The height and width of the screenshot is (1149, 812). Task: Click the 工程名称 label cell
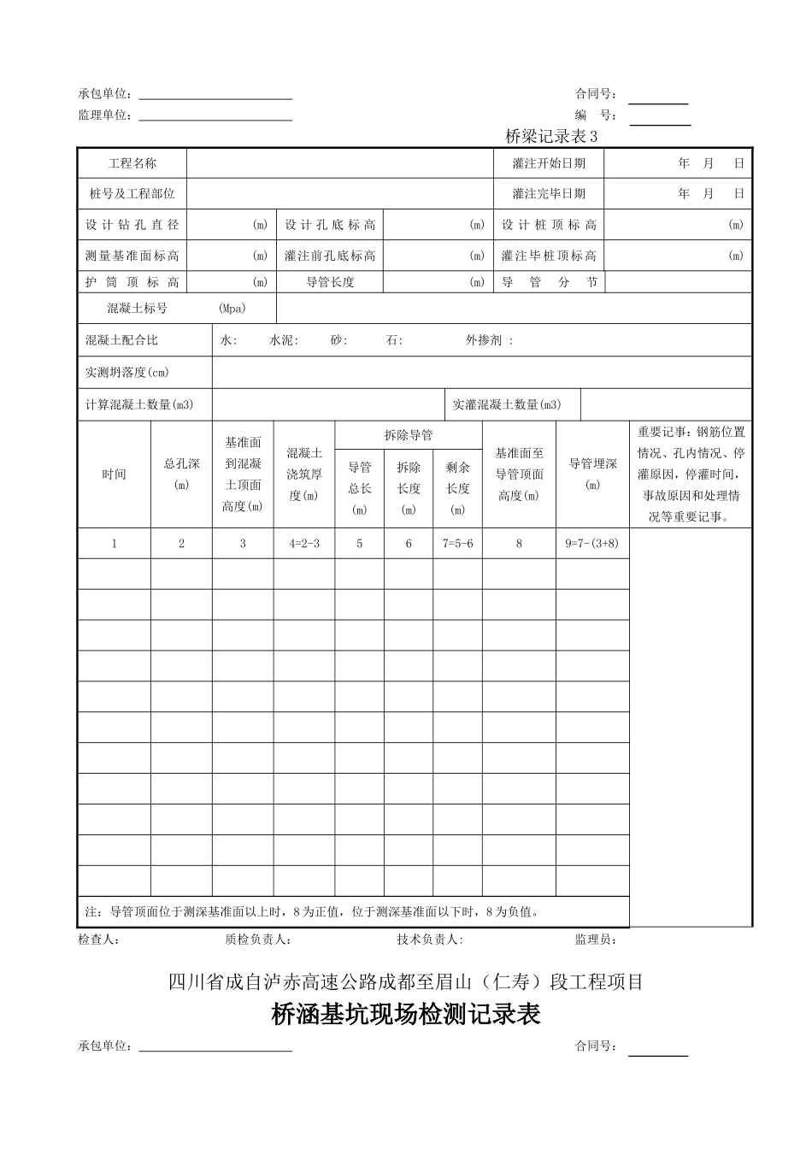pyautogui.click(x=132, y=163)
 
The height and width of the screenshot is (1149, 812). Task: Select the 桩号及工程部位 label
pyautogui.click(x=132, y=194)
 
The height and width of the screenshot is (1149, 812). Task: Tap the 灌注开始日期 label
pyautogui.click(x=549, y=163)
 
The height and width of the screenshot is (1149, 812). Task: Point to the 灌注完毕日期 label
pyautogui.click(x=549, y=194)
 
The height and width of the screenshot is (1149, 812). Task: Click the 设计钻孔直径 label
pyautogui.click(x=132, y=225)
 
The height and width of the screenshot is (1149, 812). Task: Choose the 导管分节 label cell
pyautogui.click(x=549, y=282)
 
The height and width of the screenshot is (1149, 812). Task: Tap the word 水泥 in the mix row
pyautogui.click(x=283, y=340)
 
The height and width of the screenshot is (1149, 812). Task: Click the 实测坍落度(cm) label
pyautogui.click(x=127, y=372)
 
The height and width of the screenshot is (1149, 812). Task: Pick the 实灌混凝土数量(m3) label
pyautogui.click(x=507, y=404)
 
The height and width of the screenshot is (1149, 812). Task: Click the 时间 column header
pyautogui.click(x=115, y=474)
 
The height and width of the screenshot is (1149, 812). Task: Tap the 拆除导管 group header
pyautogui.click(x=409, y=435)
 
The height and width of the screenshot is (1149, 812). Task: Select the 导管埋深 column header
pyautogui.click(x=592, y=464)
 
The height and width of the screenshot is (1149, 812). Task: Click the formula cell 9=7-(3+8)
pyautogui.click(x=592, y=544)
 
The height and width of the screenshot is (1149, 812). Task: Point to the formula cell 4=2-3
pyautogui.click(x=303, y=544)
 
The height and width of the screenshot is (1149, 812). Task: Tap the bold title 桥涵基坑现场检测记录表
pyautogui.click(x=406, y=1015)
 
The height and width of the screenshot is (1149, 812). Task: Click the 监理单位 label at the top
pyautogui.click(x=105, y=115)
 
